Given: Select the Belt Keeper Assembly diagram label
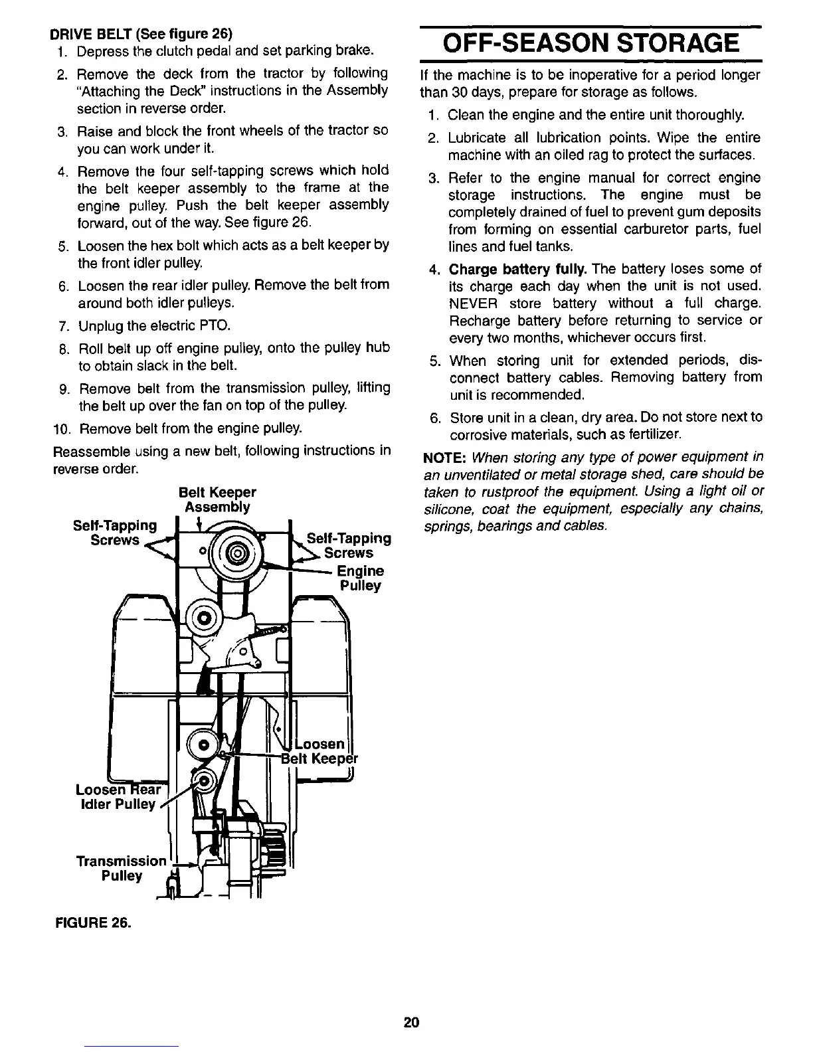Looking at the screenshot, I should tap(217, 500).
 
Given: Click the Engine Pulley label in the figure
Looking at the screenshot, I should tap(360, 578).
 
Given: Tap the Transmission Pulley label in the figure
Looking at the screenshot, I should tap(121, 869).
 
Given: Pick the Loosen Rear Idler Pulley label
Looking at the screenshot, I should tap(116, 797).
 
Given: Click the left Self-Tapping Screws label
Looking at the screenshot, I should tap(114, 533).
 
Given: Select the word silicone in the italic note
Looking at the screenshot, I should tap(447, 509).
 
